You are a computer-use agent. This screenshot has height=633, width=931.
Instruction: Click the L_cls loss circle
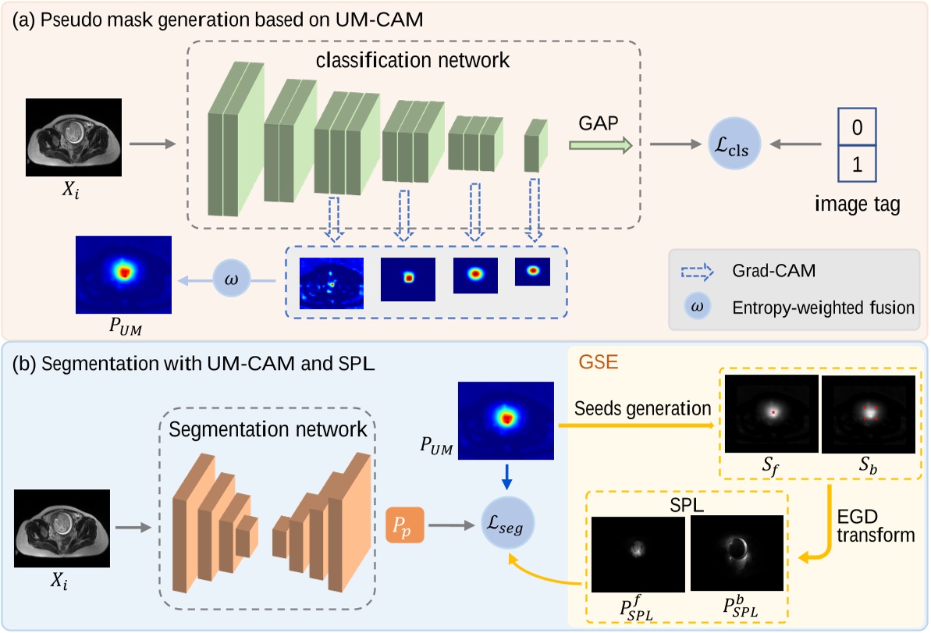(733, 144)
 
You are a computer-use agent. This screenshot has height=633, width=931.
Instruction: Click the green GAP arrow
(599, 144)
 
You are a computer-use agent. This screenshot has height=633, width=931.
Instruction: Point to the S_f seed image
(771, 413)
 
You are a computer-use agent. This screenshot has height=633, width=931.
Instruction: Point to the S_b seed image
(867, 413)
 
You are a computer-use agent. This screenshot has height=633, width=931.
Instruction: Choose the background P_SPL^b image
(737, 553)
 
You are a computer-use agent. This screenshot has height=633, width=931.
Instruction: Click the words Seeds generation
(641, 408)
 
